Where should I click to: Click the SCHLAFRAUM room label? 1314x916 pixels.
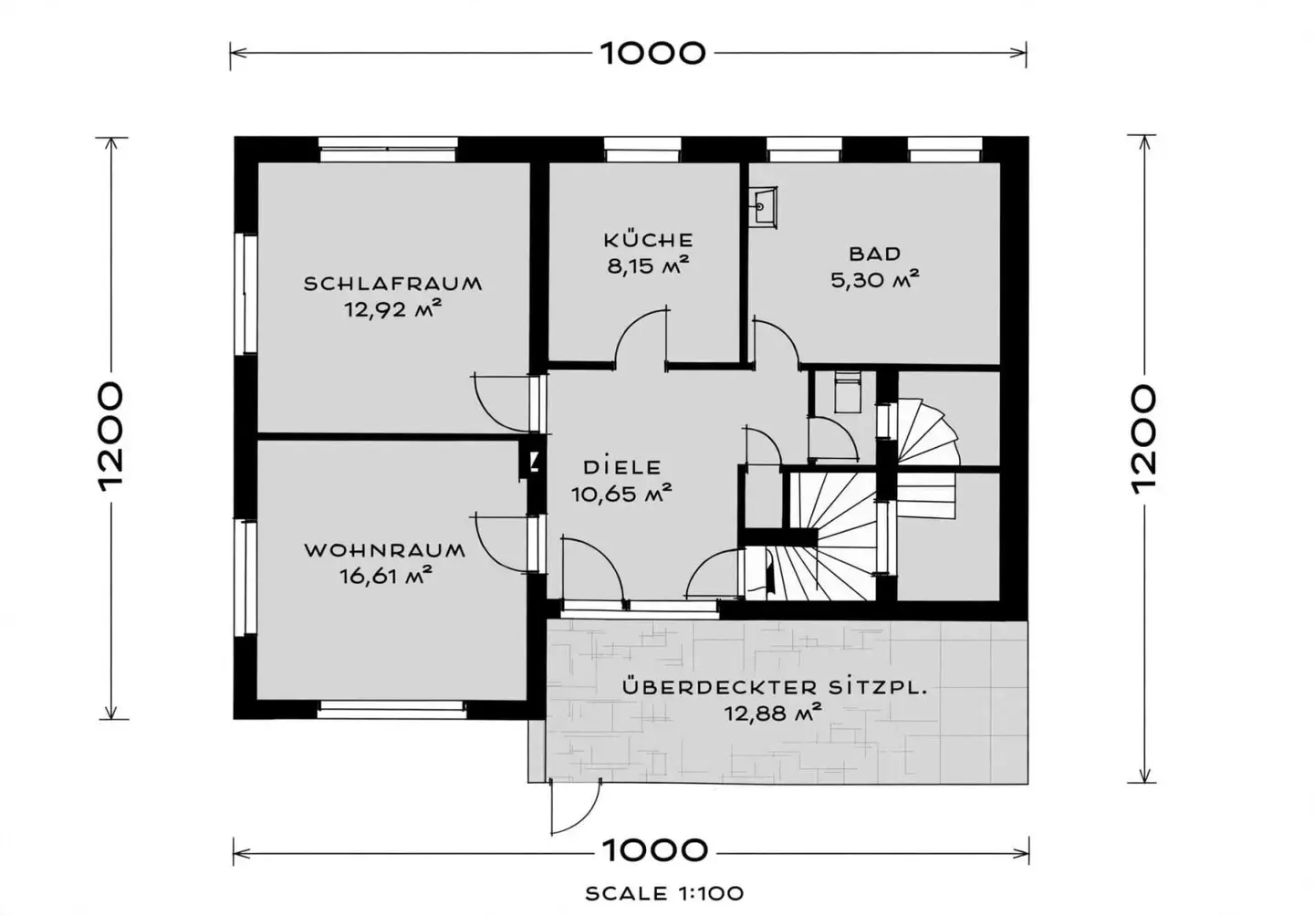pos(392,284)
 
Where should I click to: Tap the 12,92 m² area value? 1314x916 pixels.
pos(392,309)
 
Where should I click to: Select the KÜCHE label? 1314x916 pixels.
pos(648,239)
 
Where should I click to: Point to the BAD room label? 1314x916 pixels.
pos(874,254)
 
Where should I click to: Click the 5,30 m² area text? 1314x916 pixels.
pos(874,280)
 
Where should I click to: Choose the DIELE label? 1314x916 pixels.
pos(622,467)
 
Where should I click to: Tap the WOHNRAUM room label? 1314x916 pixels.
pos(385,551)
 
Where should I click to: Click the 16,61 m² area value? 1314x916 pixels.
pos(386,576)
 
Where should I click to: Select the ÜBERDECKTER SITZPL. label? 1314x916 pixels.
pos(775,686)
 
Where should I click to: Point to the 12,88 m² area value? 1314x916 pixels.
pos(772,713)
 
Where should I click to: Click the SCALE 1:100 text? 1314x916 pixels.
pos(664,893)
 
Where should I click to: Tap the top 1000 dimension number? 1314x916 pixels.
pos(652,53)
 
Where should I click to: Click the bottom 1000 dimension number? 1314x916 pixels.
pos(654,850)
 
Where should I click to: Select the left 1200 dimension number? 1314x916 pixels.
pos(111,437)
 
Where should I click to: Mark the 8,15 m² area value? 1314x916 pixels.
pos(648,266)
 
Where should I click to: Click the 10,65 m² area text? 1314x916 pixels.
pos(621,494)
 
